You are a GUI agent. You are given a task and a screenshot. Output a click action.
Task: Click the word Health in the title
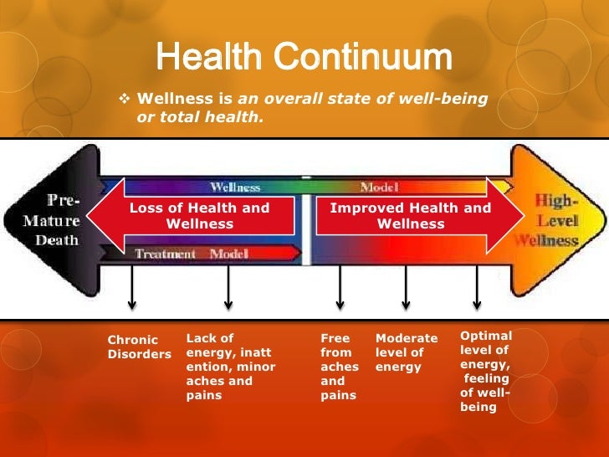tap(209, 57)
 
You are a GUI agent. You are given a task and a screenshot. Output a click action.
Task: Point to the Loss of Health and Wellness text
tap(199, 216)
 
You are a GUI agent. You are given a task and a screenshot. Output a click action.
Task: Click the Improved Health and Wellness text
tap(410, 216)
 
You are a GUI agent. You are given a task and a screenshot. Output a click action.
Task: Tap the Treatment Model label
tap(192, 254)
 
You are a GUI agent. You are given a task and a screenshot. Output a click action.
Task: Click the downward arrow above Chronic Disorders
tap(131, 289)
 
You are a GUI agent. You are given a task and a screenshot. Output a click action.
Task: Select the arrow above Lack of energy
tap(228, 289)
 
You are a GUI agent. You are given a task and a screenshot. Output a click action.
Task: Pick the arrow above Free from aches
tap(340, 289)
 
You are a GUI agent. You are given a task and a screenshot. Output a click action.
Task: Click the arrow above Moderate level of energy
tap(406, 289)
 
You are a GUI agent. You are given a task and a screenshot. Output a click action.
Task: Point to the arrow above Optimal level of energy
tap(477, 289)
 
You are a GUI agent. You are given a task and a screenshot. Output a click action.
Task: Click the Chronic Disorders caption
tap(139, 347)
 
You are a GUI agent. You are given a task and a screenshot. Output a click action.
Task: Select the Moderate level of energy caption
tap(406, 352)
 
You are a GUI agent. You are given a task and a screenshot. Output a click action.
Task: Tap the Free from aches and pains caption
tap(339, 367)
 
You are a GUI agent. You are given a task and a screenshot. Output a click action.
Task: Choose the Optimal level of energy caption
tap(485, 371)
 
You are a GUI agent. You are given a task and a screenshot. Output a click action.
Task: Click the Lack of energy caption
tap(230, 367)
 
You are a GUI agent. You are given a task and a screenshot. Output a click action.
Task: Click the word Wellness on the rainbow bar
tap(235, 187)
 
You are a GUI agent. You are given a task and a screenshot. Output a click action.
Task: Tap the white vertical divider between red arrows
tap(306, 218)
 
